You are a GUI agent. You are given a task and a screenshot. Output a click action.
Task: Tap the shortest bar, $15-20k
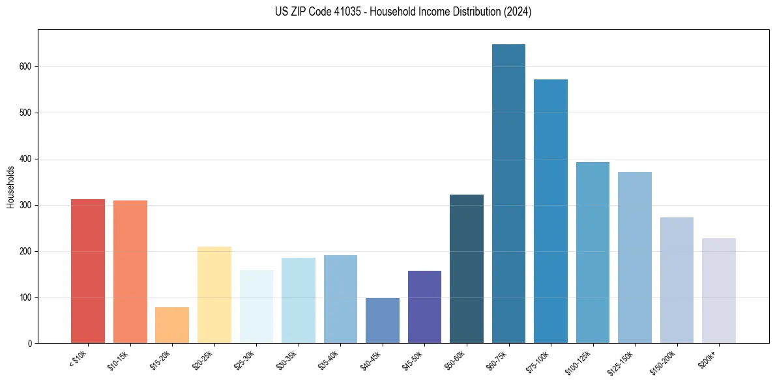point(172,325)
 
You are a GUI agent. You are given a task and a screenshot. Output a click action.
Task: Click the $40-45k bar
point(382,321)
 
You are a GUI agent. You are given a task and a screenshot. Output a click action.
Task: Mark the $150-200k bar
point(677,281)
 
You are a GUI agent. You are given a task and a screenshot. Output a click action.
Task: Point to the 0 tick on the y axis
point(31,344)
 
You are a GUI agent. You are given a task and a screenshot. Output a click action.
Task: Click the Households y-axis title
point(10,187)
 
